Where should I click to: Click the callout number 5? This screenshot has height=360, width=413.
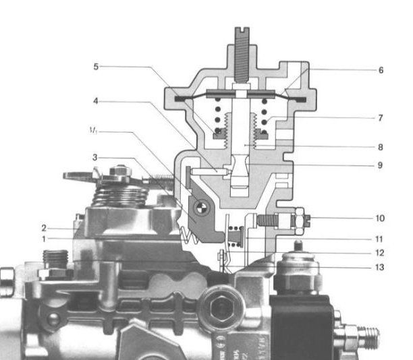[x=96, y=67]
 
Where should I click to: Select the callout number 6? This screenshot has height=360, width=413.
[x=381, y=70]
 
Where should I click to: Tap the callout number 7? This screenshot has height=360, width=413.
[x=381, y=117]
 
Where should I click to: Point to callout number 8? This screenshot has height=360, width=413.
[x=381, y=145]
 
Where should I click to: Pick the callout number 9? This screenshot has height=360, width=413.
[x=381, y=164]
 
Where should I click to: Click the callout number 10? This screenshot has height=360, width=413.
[x=381, y=218]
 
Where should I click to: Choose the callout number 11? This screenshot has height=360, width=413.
[x=381, y=238]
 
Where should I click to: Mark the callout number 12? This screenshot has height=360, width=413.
[x=381, y=253]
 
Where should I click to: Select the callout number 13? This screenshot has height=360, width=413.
[x=381, y=268]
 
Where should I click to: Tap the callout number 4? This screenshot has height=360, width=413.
[x=96, y=102]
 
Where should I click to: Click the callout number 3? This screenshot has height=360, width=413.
[x=96, y=157]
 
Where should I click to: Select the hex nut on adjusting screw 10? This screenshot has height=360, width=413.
[x=298, y=219]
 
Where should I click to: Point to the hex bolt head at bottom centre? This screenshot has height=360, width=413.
[x=220, y=309]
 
